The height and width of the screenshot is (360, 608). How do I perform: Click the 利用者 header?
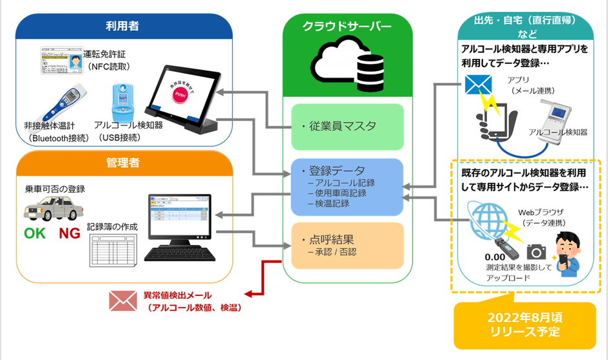122,26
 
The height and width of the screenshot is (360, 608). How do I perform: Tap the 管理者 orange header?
122,164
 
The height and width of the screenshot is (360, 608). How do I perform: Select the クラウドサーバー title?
347,26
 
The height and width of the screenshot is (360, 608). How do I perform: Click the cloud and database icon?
347,65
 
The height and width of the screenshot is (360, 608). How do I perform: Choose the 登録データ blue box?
347,186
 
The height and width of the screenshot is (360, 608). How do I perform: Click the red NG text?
69,234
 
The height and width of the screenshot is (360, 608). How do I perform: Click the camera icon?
536,251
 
